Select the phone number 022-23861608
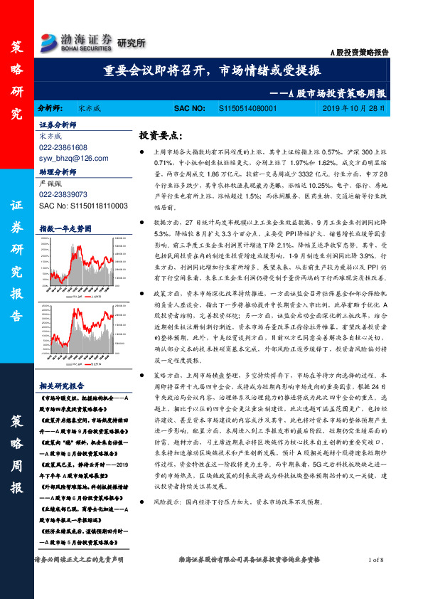pos(63,147)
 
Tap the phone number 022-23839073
pos(63,194)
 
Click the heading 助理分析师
pos(57,171)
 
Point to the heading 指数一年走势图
pos(65,228)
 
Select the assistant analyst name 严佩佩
pos(53,184)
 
